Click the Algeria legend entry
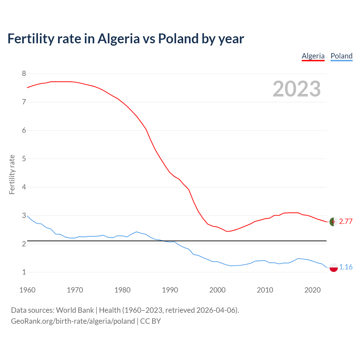click(x=313, y=56)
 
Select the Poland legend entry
click(x=341, y=56)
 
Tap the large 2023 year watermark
click(x=297, y=89)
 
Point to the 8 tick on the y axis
click(x=24, y=74)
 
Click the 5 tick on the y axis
click(x=24, y=159)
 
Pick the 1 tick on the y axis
click(x=24, y=272)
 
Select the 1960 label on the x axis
click(x=27, y=290)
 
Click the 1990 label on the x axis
click(x=170, y=290)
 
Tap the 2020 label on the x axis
click(x=312, y=290)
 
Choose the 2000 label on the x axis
click(x=217, y=290)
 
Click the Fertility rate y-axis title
click(x=12, y=174)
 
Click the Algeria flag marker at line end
click(x=333, y=222)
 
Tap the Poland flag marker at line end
click(x=333, y=267)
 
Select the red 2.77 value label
click(x=346, y=222)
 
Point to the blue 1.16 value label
click(x=346, y=267)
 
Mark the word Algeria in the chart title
click(x=118, y=39)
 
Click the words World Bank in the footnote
click(x=75, y=310)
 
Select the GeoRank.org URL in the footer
click(x=73, y=321)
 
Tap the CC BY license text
click(x=150, y=321)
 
